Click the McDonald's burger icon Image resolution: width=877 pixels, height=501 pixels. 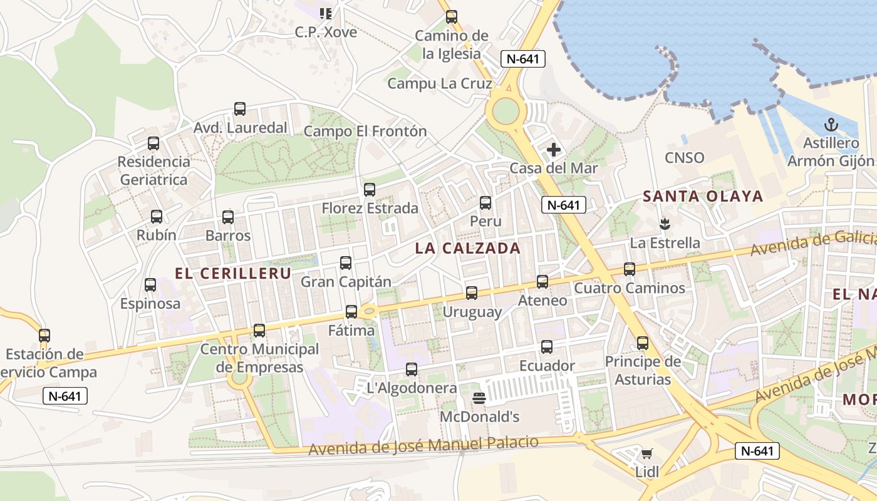(479, 398)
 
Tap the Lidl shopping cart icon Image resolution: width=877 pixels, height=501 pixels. (646, 453)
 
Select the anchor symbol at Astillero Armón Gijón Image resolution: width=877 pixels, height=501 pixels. (831, 124)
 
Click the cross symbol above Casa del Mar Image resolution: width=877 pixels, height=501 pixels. (554, 150)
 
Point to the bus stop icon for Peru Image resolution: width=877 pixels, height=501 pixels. (485, 203)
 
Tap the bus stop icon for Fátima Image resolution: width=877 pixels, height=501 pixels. (351, 312)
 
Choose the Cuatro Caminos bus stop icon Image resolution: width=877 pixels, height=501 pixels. (630, 269)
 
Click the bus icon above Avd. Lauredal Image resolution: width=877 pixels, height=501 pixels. (240, 109)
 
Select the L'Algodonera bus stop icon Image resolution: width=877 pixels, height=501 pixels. (412, 369)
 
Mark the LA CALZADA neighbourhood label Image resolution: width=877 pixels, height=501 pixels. (468, 248)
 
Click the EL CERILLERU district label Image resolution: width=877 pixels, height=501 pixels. (233, 274)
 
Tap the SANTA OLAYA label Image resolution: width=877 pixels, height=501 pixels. (703, 196)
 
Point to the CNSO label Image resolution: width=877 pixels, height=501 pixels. (685, 158)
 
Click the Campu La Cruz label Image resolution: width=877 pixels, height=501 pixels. (440, 83)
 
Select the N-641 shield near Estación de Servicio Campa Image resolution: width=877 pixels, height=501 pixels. (65, 396)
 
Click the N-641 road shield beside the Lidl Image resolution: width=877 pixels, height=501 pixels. (757, 450)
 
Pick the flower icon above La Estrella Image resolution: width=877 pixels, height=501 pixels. (664, 223)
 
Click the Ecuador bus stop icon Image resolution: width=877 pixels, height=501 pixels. (547, 347)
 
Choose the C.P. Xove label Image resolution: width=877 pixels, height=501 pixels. (326, 31)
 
